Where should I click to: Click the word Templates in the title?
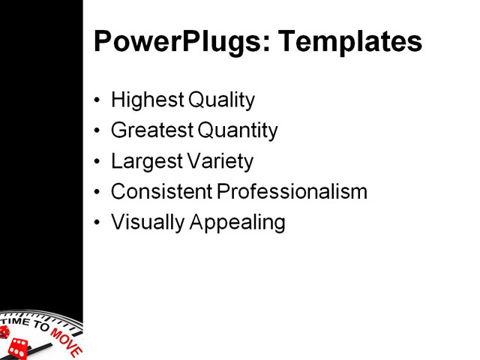tap(350, 42)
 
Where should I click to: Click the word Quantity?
tap(238, 131)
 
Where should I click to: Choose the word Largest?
tap(144, 161)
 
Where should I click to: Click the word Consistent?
tap(162, 192)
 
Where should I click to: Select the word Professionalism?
tap(292, 192)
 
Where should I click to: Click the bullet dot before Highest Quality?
tap(98, 100)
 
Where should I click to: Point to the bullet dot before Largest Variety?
tap(98, 162)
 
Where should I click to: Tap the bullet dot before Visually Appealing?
tap(98, 223)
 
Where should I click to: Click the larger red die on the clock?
tap(18, 348)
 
